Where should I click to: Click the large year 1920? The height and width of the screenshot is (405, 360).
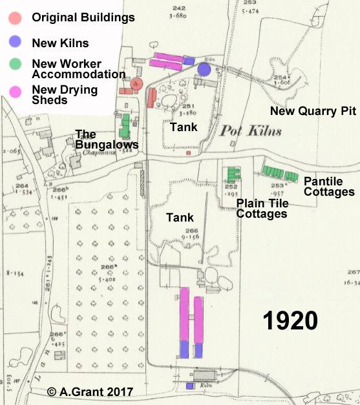(290, 320)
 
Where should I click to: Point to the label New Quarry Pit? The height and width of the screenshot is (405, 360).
(313, 111)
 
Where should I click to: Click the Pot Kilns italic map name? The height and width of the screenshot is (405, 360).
(251, 132)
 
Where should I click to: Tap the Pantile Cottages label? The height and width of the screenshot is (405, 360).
(329, 187)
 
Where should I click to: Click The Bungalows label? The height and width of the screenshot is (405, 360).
(107, 140)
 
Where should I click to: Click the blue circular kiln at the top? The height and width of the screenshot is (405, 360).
(205, 68)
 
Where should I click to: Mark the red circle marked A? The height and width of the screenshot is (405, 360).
(135, 83)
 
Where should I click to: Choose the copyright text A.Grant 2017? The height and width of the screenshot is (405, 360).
(90, 391)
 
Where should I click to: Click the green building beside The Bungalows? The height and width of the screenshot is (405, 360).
(125, 121)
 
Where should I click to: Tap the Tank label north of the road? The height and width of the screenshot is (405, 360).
(184, 127)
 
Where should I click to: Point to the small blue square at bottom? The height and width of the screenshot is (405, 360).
(190, 386)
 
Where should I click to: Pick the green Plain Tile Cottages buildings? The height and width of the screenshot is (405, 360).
(233, 173)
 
